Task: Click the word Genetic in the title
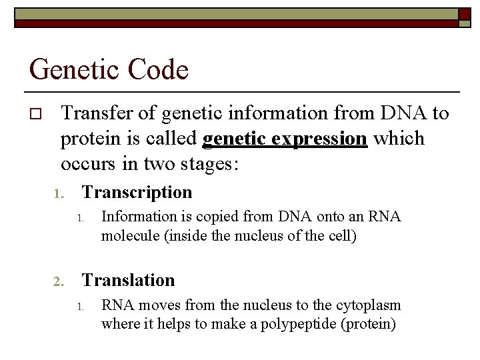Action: coord(72,69)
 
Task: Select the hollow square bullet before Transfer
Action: coord(37,114)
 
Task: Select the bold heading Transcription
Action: coord(137,193)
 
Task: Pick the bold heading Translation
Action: coord(128,280)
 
